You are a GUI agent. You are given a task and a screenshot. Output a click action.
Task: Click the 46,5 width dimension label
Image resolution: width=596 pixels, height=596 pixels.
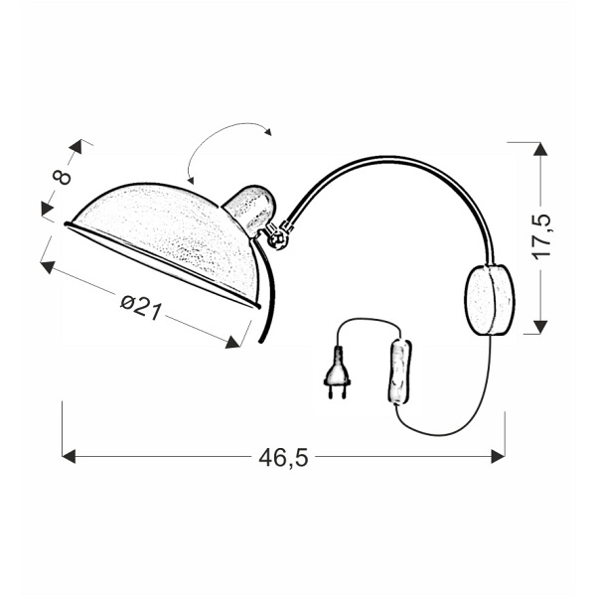(283, 458)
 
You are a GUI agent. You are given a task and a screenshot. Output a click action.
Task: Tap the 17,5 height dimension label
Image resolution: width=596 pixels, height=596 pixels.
(541, 236)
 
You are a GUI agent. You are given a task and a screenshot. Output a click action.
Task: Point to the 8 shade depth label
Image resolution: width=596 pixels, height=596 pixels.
(63, 177)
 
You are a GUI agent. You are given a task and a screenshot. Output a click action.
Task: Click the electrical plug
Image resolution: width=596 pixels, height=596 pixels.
(337, 372)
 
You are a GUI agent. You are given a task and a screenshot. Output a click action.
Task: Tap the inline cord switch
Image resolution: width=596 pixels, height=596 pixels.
(400, 372)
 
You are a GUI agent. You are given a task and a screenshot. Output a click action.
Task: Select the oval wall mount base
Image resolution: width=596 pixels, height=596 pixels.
(490, 300)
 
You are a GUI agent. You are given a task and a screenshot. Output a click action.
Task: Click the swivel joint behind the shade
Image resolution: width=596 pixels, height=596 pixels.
(277, 236)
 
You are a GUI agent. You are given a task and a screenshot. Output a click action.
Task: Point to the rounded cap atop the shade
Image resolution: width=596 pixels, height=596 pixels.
(251, 209)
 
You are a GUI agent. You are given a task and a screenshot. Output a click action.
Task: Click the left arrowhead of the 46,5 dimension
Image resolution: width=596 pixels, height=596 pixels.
(69, 456)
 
